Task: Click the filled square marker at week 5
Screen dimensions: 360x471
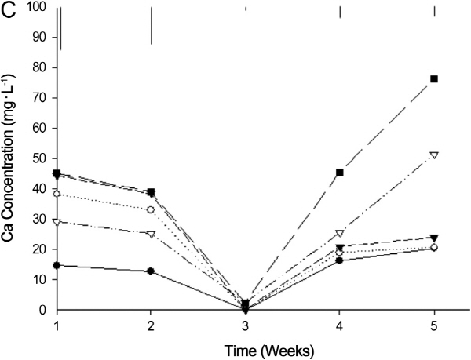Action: coord(433,79)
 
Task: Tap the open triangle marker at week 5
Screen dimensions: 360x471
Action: coord(433,155)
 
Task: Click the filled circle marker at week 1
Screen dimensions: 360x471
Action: coord(57,265)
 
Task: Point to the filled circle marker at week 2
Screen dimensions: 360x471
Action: coord(151,271)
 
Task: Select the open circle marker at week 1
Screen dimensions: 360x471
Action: coord(57,194)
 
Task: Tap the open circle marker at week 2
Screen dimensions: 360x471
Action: coord(151,209)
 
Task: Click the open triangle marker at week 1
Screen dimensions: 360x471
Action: coord(57,222)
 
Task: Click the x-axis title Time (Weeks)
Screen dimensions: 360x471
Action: coord(246,347)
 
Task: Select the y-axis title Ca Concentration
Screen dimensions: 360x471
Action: coord(13,157)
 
